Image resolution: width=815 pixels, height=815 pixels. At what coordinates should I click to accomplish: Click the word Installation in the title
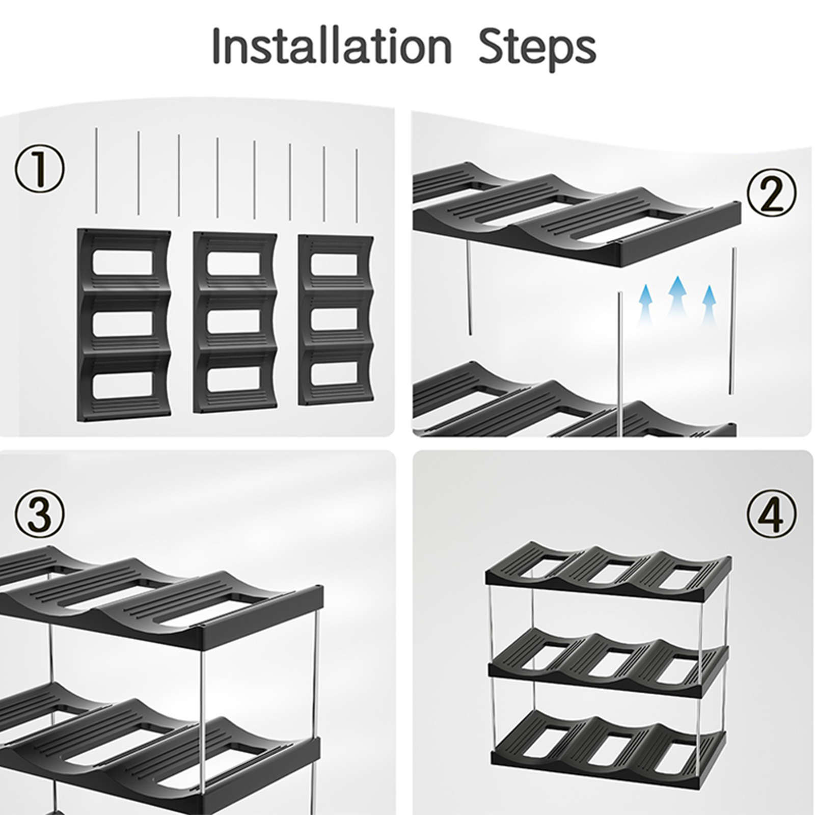coord(332,46)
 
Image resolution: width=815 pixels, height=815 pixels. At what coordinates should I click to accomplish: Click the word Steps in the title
coord(537,48)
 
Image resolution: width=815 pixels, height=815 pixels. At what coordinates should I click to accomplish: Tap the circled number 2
coord(772,192)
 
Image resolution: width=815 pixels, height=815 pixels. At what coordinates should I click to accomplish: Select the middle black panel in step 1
coord(235,323)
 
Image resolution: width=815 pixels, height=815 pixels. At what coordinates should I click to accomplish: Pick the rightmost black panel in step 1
coord(336,320)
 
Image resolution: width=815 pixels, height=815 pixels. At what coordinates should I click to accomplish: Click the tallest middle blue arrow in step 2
coord(677,298)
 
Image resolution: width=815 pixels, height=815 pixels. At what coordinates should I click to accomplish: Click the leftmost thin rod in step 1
coord(96,171)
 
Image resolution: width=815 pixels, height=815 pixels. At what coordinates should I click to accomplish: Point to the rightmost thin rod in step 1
coord(357,186)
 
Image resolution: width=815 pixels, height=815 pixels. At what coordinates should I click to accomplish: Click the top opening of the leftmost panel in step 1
coord(122,265)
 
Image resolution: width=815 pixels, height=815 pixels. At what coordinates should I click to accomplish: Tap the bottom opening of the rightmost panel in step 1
coord(336,376)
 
